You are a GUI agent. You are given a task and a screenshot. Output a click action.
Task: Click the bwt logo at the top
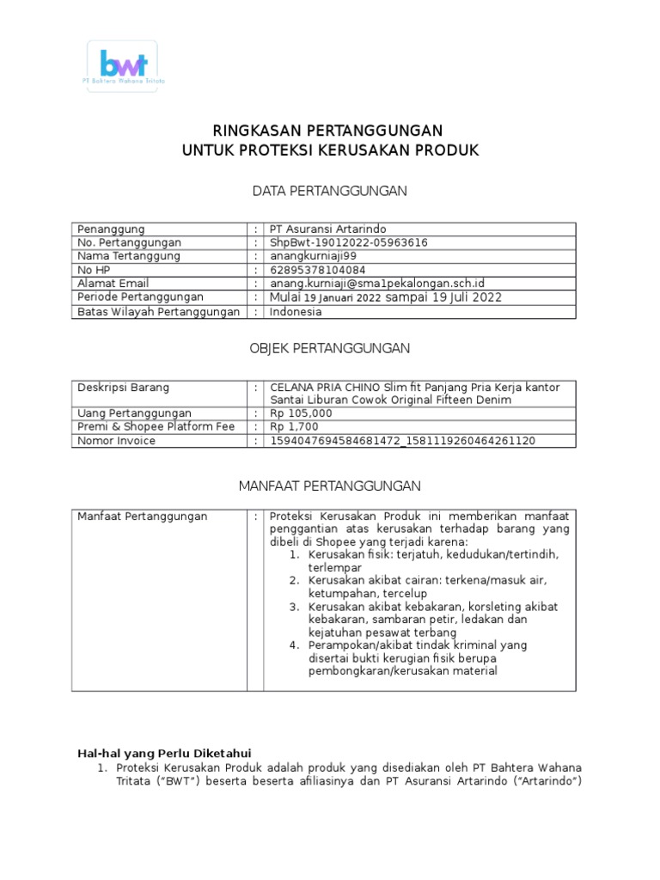123,65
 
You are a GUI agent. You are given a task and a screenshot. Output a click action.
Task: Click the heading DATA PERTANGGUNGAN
329,191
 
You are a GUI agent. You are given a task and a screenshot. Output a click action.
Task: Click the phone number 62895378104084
317,270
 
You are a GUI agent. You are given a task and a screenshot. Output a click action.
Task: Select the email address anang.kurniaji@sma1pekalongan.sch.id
377,284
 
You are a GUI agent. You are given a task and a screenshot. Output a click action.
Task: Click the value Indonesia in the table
296,312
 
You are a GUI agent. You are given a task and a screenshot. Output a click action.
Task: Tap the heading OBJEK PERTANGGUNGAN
329,348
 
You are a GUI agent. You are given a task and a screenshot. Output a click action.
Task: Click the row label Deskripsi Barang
124,388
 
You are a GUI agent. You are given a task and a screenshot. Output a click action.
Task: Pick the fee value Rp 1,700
296,427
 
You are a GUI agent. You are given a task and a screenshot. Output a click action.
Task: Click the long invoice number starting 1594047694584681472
403,441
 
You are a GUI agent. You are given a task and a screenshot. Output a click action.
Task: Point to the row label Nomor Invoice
117,441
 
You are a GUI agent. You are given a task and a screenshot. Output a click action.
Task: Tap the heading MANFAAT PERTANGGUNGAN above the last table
329,486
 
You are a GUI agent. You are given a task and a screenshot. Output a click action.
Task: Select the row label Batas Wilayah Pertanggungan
158,312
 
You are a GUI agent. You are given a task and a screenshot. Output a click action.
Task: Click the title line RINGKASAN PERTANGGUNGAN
329,131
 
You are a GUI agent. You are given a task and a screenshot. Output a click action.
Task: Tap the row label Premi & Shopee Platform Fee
156,427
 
